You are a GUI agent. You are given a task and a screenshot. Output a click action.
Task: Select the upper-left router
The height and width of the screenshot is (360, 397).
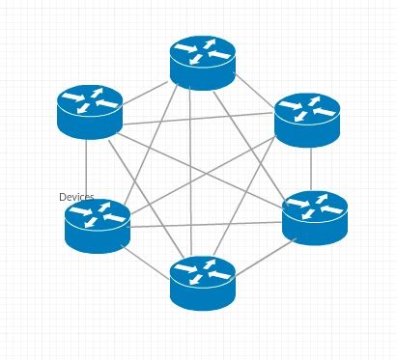90,111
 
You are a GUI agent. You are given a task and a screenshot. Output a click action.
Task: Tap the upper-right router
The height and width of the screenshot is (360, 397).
307,119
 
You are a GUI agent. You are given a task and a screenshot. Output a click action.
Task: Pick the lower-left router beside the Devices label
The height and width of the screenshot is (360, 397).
98,225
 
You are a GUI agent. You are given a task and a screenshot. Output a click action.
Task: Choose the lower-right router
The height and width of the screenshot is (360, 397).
315,217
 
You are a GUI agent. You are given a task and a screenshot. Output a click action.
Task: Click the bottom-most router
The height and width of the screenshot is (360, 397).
203,282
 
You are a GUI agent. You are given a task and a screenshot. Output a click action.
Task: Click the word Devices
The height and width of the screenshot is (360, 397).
76,197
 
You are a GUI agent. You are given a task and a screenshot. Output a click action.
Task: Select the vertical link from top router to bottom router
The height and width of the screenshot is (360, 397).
191,174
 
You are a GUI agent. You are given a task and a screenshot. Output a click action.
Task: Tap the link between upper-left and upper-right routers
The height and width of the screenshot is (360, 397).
198,119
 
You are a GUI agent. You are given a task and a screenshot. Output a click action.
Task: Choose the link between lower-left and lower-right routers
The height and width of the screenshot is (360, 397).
208,224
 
